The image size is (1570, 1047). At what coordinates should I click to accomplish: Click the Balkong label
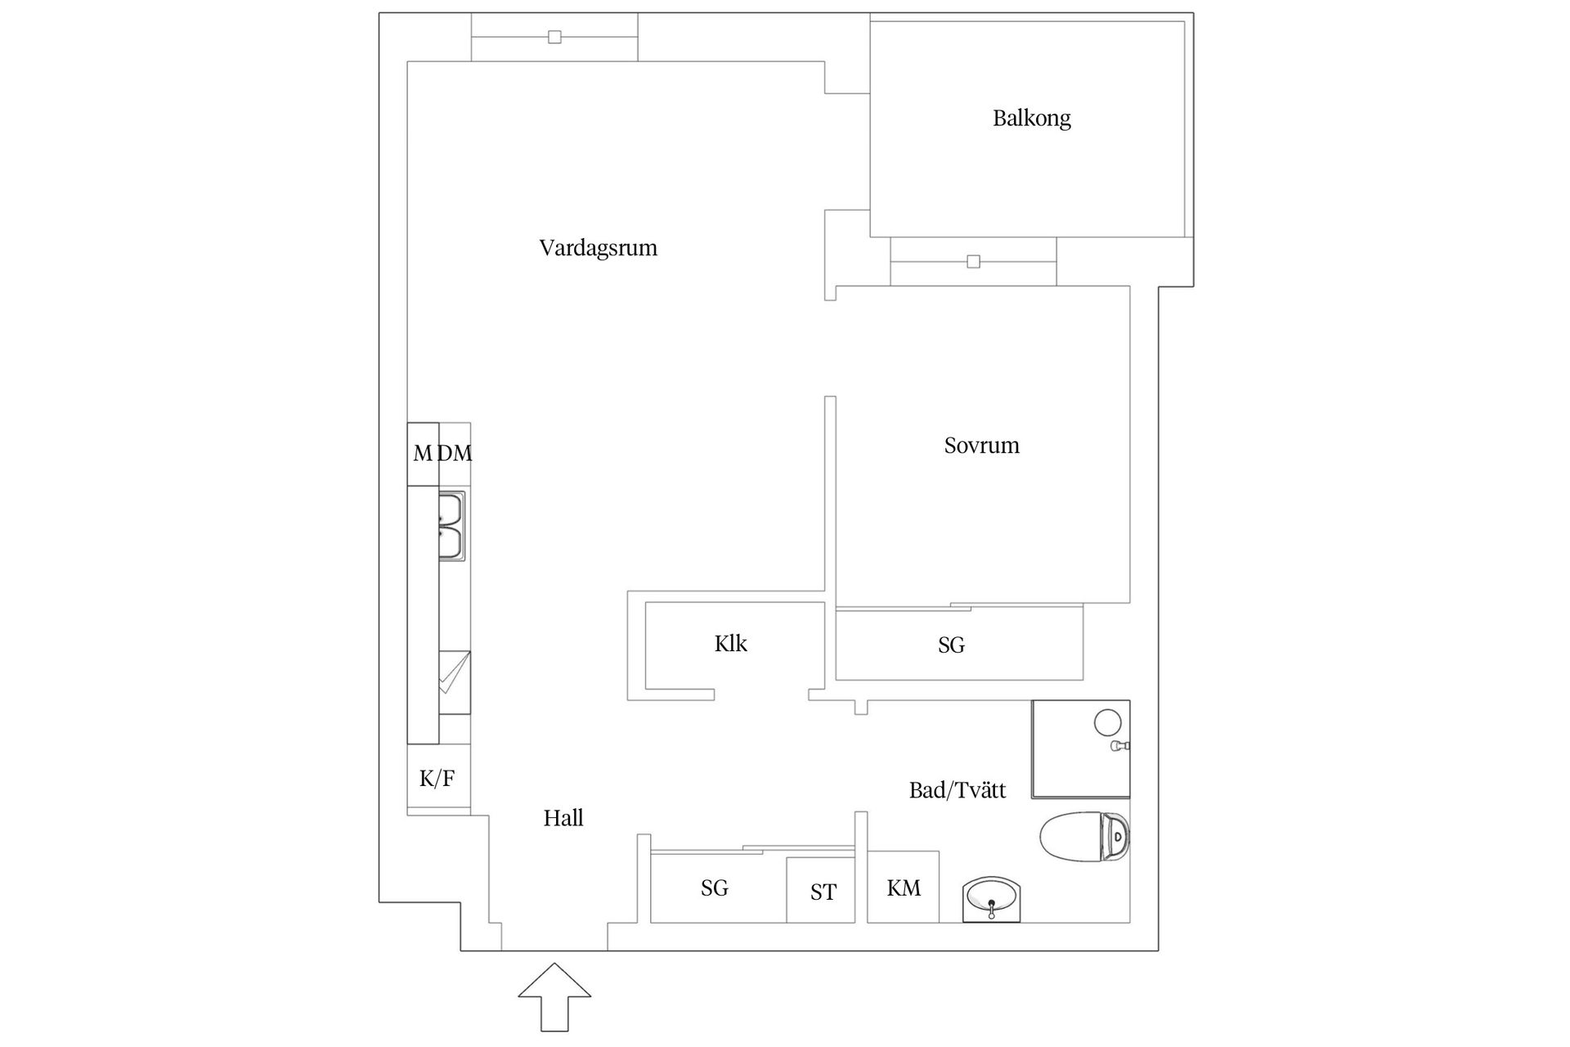[x=1031, y=118]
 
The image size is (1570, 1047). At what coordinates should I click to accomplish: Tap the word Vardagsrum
[x=598, y=248]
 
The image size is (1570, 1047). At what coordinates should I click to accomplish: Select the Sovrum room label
[x=981, y=446]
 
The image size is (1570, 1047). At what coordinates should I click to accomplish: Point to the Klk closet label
[x=730, y=644]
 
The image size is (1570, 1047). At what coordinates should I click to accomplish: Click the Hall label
[x=563, y=818]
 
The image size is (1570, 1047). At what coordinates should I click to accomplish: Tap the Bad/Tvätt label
[x=957, y=790]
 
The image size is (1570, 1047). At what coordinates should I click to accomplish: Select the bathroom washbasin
[x=992, y=898]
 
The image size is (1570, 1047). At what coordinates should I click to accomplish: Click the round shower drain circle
[x=1107, y=722]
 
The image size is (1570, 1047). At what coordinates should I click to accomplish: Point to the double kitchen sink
[x=451, y=526]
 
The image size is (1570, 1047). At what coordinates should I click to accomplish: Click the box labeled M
[x=423, y=453]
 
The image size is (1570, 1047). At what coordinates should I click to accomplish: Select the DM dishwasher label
[x=455, y=453]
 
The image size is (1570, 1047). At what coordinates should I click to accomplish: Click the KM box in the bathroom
[x=903, y=887]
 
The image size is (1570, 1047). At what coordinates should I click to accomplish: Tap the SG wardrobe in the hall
[x=715, y=888]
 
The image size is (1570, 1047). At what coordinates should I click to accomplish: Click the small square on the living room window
[x=554, y=37]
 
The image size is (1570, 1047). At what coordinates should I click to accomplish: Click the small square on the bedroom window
[x=973, y=262]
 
